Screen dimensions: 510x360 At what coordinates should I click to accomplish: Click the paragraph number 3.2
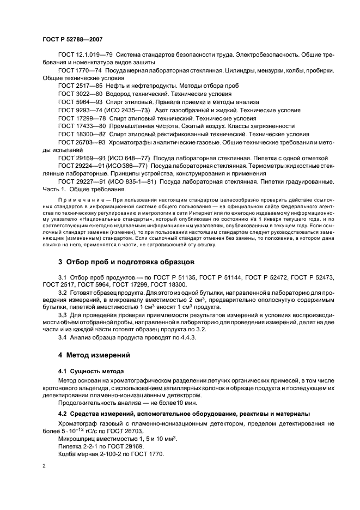tap(62, 293)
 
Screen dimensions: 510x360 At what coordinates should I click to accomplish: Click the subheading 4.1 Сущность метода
tap(91, 371)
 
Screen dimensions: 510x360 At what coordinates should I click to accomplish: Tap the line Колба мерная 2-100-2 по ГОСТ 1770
tap(109, 455)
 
